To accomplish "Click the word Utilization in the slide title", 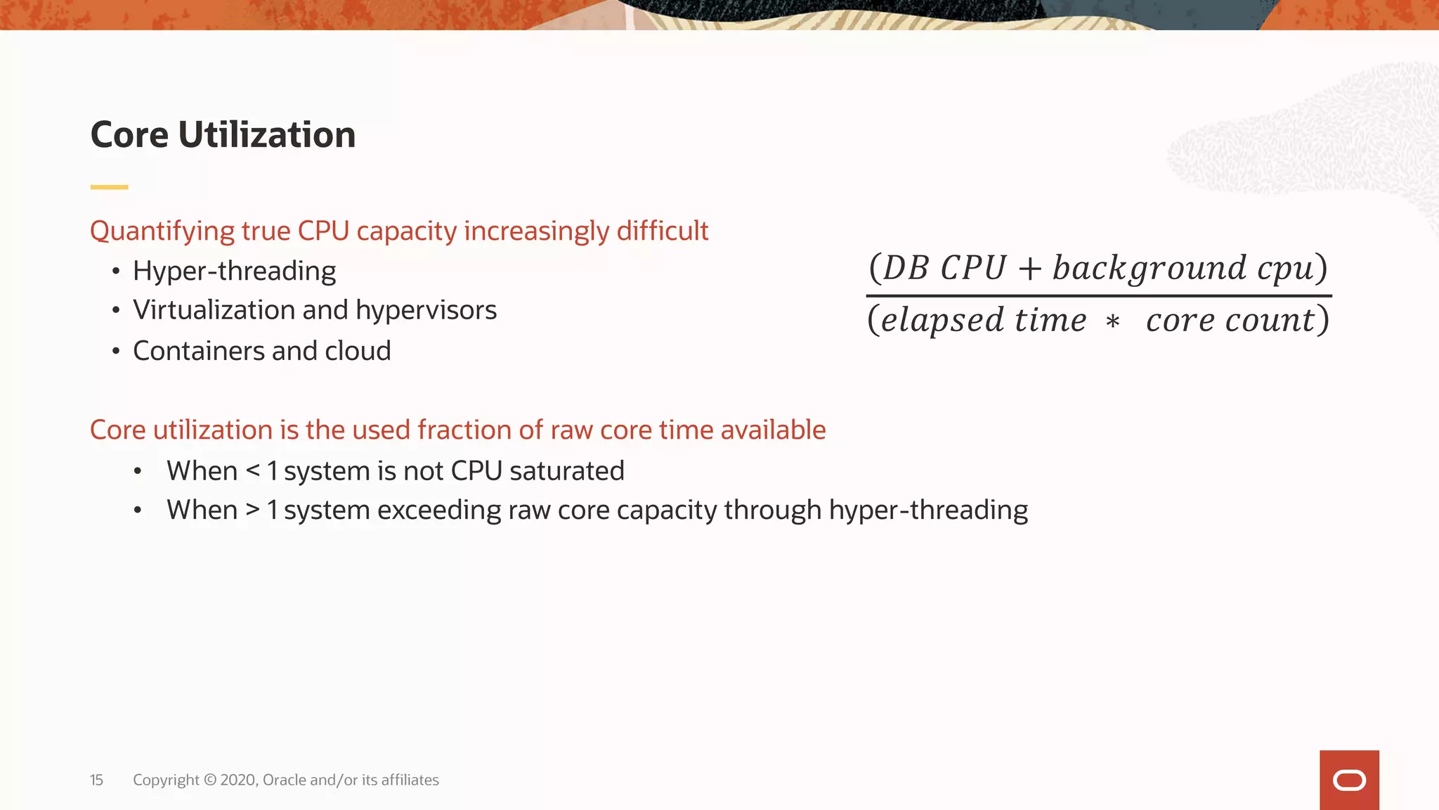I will pyautogui.click(x=266, y=134).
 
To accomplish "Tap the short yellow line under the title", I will pyautogui.click(x=109, y=187).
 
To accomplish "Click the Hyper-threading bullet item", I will pyautogui.click(x=234, y=271).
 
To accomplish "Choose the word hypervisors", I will pyautogui.click(x=426, y=310).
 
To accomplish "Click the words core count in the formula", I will pyautogui.click(x=1230, y=321).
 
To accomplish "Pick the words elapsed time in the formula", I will pyautogui.click(x=983, y=321).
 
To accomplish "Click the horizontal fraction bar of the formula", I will pyautogui.click(x=1098, y=296).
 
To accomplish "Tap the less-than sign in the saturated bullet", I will pyautogui.click(x=253, y=471).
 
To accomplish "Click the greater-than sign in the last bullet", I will pyautogui.click(x=253, y=510).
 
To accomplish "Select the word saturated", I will pyautogui.click(x=566, y=471).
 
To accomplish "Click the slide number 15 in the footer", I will pyautogui.click(x=96, y=780).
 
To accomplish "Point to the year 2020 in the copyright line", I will pyautogui.click(x=238, y=780).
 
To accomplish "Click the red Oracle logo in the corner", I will pyautogui.click(x=1349, y=780).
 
